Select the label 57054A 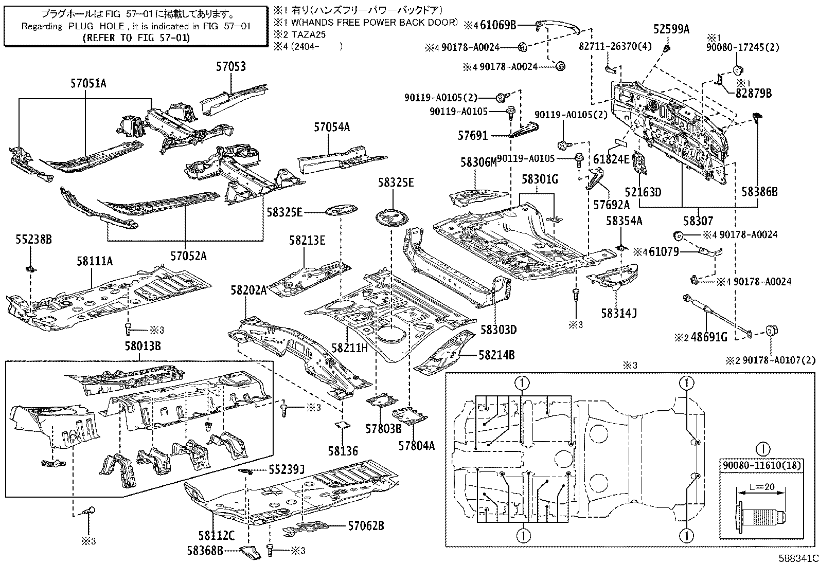[332, 127]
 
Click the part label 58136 [343, 451]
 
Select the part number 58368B [205, 551]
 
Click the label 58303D [498, 329]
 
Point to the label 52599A [671, 29]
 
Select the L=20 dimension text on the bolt [761, 486]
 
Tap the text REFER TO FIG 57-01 [136, 38]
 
